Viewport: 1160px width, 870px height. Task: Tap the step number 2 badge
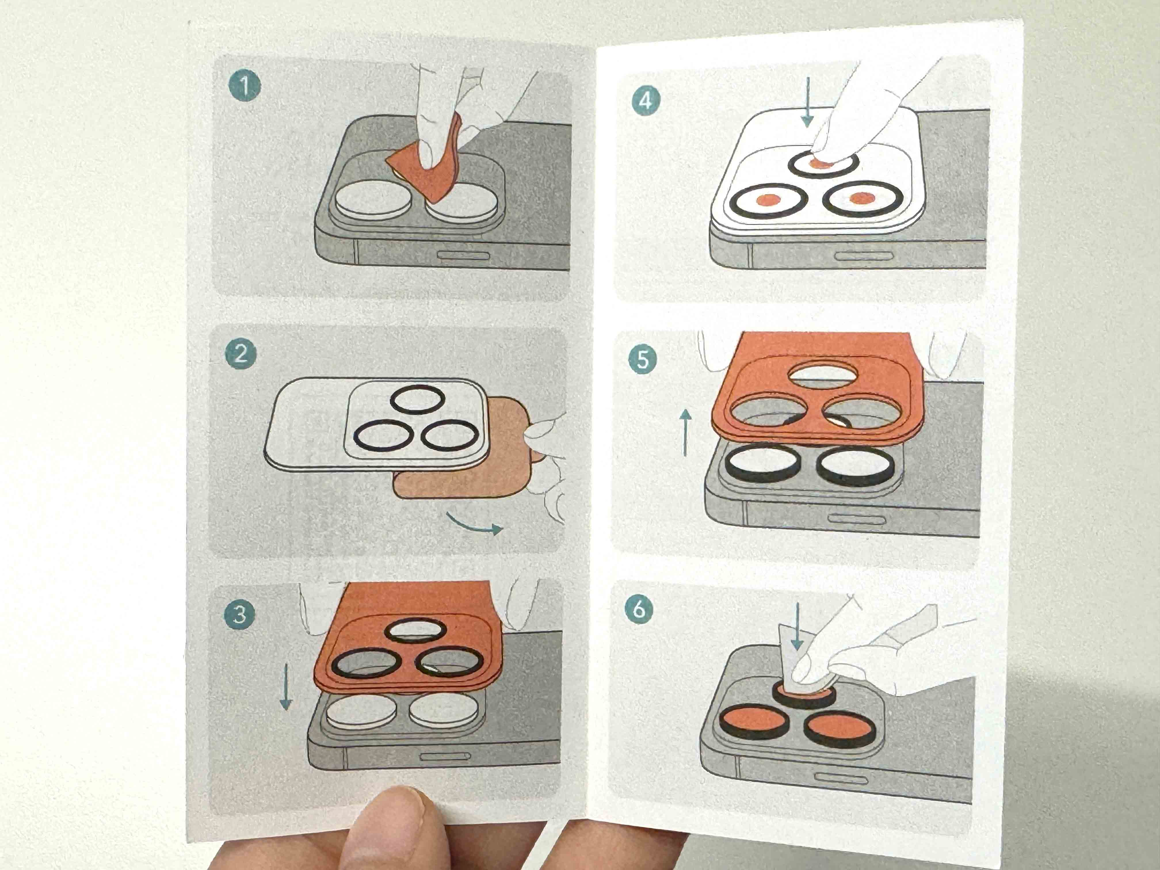[241, 354]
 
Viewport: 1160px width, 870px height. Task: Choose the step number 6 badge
[639, 609]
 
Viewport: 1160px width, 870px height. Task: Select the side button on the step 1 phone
[463, 255]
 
